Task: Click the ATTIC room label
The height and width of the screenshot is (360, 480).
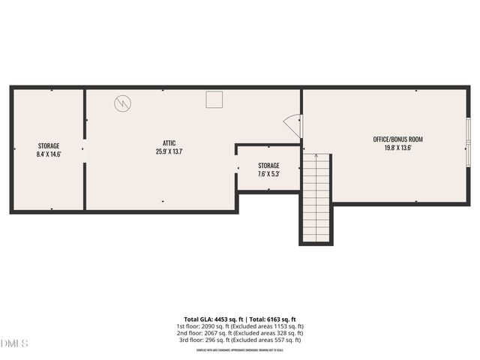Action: [x=169, y=142]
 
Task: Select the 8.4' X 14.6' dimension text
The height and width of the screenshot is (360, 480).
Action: [x=49, y=154]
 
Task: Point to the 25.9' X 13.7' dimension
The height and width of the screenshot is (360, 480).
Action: [x=169, y=151]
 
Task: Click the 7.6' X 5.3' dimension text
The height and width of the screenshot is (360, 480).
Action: [x=268, y=174]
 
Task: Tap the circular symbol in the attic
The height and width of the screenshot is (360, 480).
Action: [x=121, y=103]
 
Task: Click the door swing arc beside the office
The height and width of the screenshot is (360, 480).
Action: [x=292, y=125]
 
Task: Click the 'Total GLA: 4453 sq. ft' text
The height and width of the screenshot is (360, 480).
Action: [x=212, y=319]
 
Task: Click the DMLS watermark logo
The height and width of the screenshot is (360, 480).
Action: [x=14, y=343]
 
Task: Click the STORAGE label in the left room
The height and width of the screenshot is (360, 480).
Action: [x=49, y=145]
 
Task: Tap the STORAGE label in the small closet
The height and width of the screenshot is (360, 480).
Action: [x=268, y=166]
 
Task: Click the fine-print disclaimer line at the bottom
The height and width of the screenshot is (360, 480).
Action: [x=239, y=349]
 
